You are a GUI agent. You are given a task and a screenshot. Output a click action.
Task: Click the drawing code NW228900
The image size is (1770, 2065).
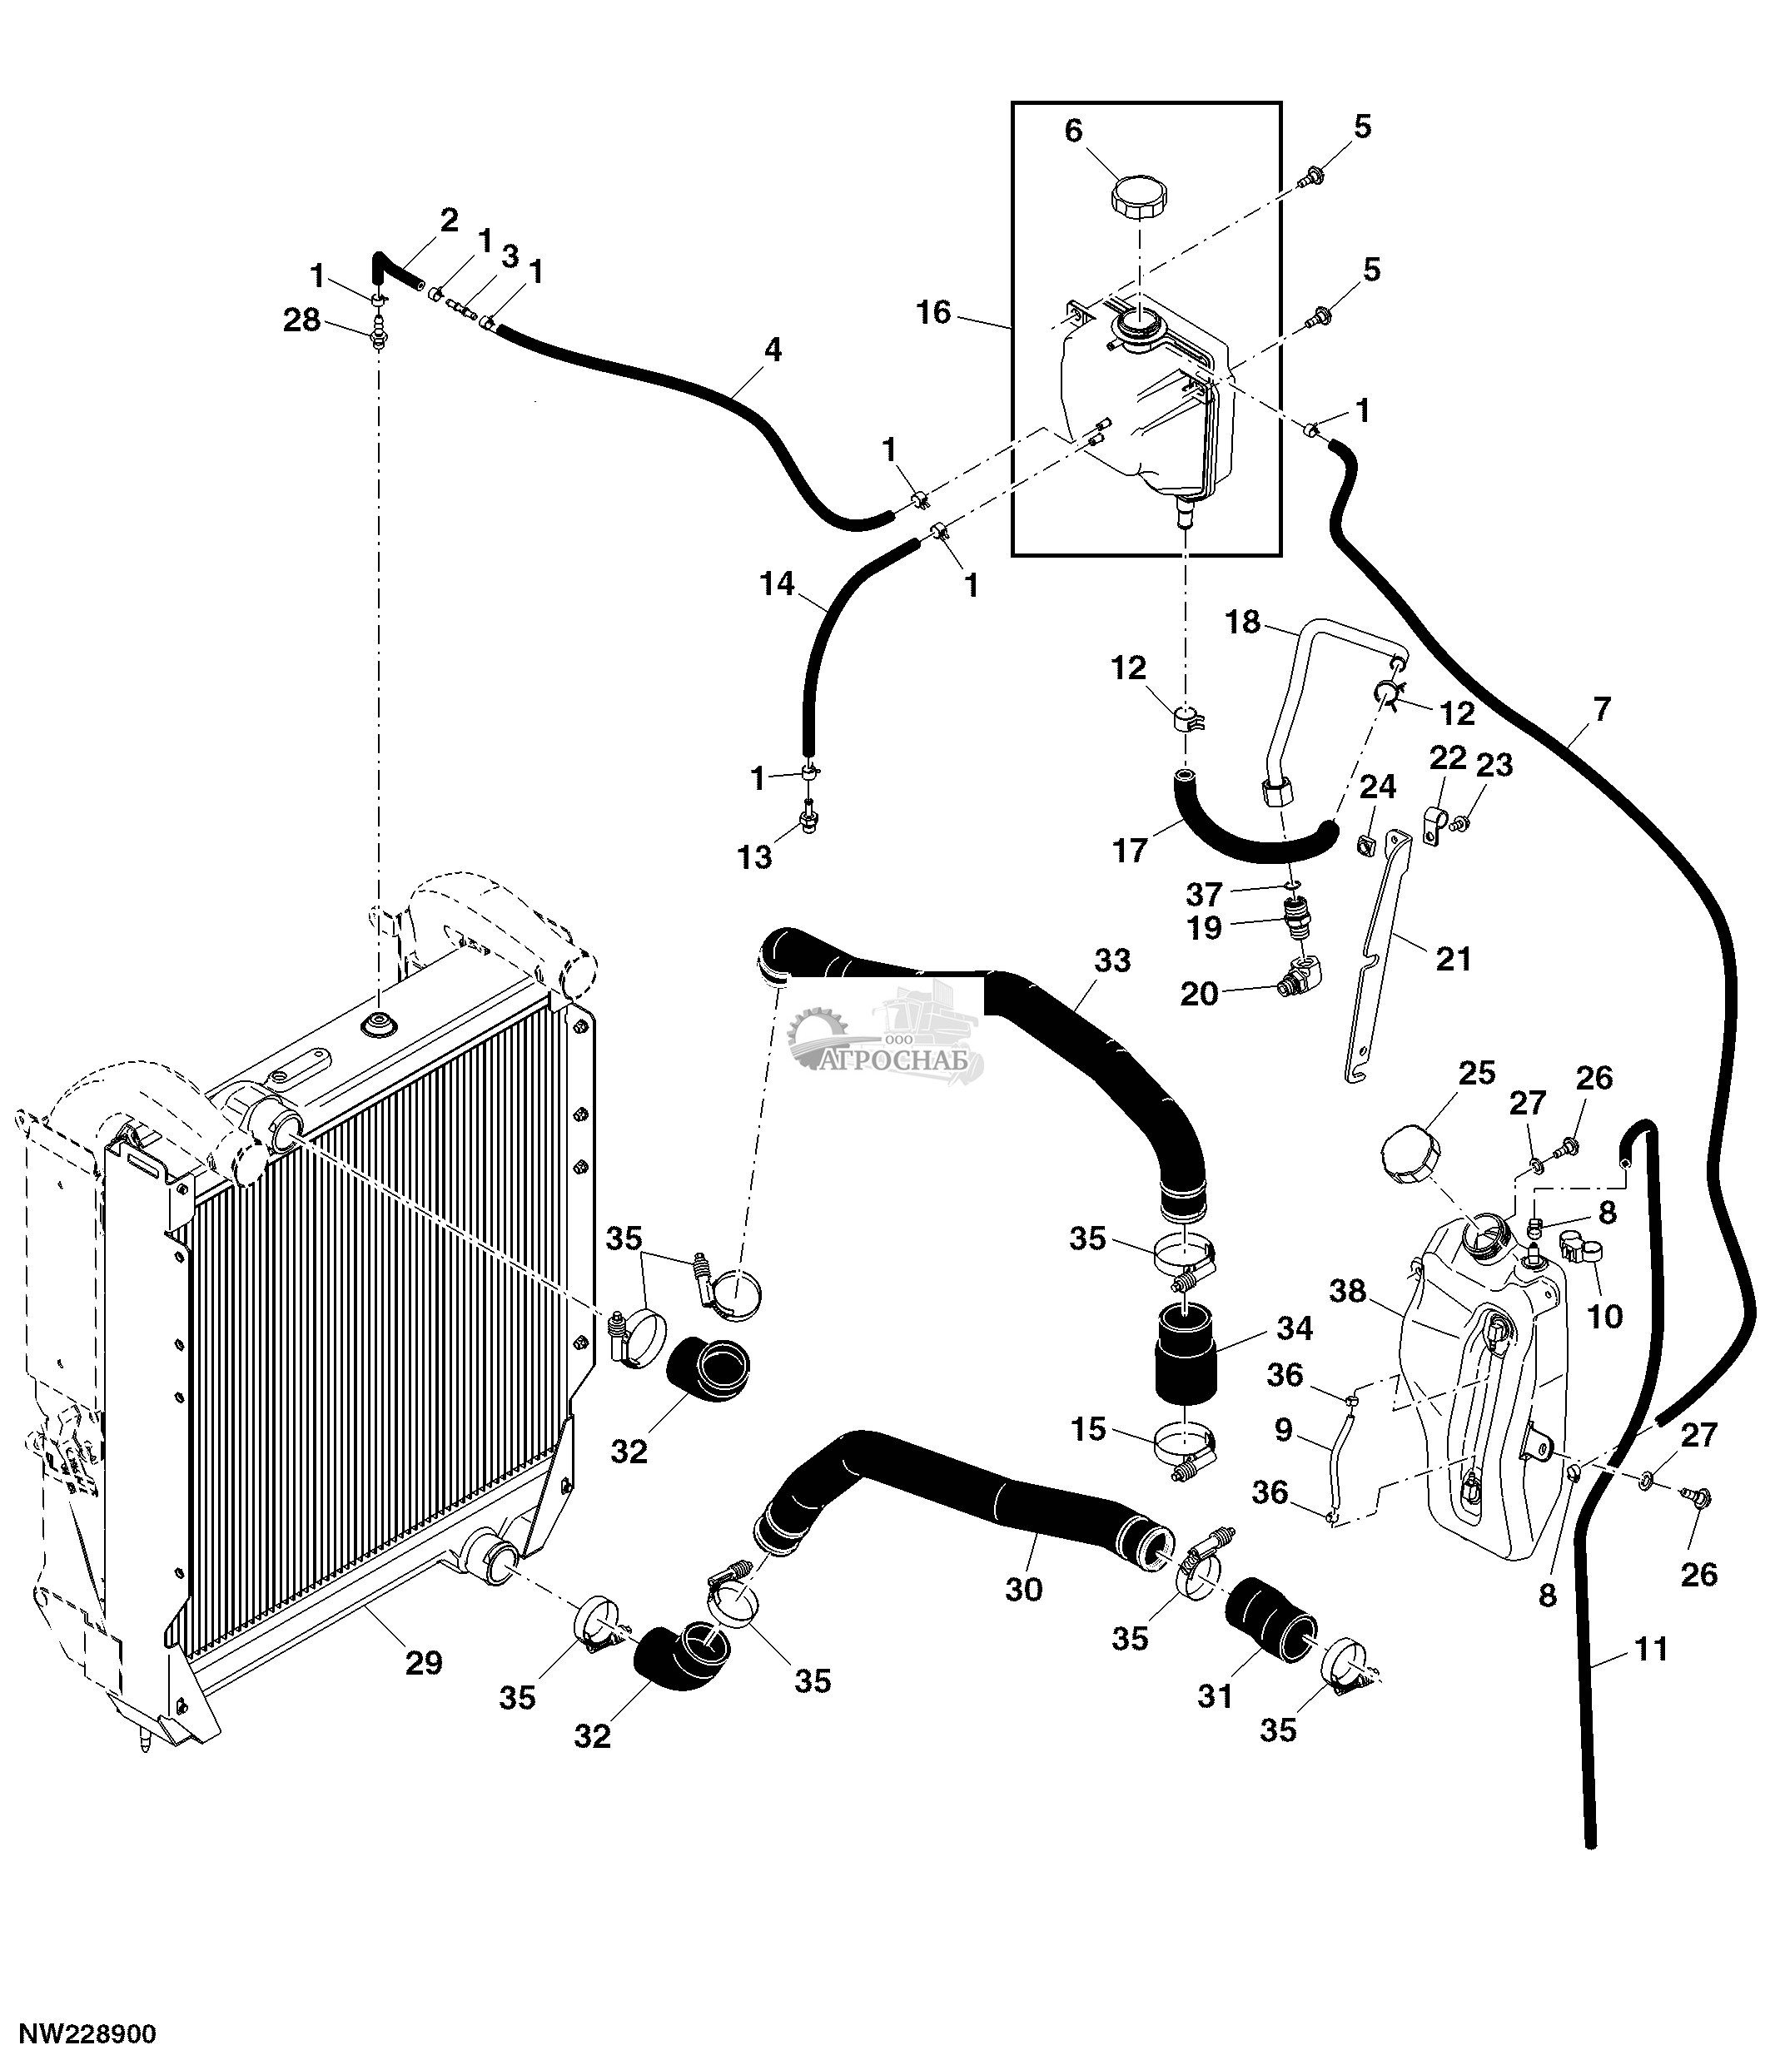[89, 2033]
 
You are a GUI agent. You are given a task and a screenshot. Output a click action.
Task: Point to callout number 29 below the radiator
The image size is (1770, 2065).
[423, 1661]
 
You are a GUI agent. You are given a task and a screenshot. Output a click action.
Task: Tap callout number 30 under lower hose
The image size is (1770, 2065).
[1023, 1589]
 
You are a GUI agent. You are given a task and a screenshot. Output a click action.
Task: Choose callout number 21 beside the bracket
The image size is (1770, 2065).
[1453, 959]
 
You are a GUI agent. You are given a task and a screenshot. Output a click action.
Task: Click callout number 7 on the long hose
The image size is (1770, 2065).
[1602, 710]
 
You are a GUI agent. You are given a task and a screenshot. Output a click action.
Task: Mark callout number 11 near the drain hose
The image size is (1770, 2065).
[1652, 1650]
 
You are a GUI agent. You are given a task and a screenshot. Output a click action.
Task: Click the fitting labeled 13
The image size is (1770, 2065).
[808, 822]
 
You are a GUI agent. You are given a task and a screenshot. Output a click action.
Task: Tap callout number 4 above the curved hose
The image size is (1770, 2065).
[773, 350]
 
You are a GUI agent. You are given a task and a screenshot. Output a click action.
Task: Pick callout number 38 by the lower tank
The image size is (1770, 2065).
[1347, 1292]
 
